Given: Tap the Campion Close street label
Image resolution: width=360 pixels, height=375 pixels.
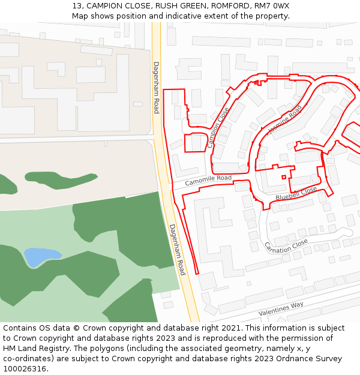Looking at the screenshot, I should coord(218,128).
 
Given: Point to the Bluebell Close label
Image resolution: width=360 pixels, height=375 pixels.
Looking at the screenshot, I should coord(296,194).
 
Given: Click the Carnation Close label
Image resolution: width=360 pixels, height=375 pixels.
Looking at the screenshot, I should coord(286,246).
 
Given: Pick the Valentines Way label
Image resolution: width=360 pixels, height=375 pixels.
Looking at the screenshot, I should coord(281,309).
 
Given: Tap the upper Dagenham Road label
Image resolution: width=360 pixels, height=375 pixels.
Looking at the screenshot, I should coord(156,88).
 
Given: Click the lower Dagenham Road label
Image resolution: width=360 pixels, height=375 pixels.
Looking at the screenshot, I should coord(177,250).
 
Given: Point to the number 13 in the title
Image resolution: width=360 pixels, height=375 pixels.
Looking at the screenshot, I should coord(77,6).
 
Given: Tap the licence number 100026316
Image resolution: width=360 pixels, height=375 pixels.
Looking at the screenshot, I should coord(23,369).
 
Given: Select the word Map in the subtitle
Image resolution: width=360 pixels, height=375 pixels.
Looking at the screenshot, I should coord(80,16).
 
